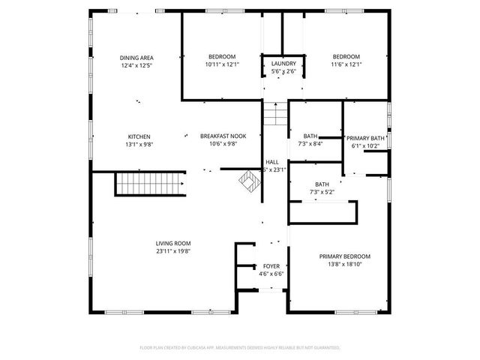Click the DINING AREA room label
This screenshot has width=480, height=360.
pyautogui.click(x=136, y=58)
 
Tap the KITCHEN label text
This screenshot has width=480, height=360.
pyautogui.click(x=139, y=136)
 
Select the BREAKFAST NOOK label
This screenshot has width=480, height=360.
pyautogui.click(x=218, y=136)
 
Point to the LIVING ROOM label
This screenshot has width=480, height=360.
pyautogui.click(x=173, y=243)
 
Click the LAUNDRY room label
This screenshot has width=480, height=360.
pyautogui.click(x=283, y=64)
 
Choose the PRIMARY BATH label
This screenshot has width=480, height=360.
pyautogui.click(x=365, y=139)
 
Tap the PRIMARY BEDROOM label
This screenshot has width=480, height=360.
pyautogui.click(x=344, y=256)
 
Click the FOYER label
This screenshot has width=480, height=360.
pyautogui.click(x=271, y=266)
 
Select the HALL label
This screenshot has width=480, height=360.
pyautogui.click(x=272, y=162)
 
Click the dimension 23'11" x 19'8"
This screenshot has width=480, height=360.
pyautogui.click(x=173, y=251)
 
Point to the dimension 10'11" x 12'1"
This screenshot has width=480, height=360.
pyautogui.click(x=221, y=64)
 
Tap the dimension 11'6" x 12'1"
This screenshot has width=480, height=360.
pyautogui.click(x=346, y=64)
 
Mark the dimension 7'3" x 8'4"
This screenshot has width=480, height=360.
pyautogui.click(x=310, y=143)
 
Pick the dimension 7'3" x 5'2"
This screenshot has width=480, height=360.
pyautogui.click(x=321, y=193)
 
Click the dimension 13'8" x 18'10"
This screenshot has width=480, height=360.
pyautogui.click(x=344, y=264)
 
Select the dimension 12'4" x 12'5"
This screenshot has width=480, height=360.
pyautogui.click(x=136, y=65)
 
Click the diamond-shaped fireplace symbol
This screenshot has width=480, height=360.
pyautogui.click(x=247, y=181)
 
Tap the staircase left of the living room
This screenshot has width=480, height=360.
pyautogui.click(x=149, y=184)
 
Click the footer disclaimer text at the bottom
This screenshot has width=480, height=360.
pyautogui.click(x=240, y=348)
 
